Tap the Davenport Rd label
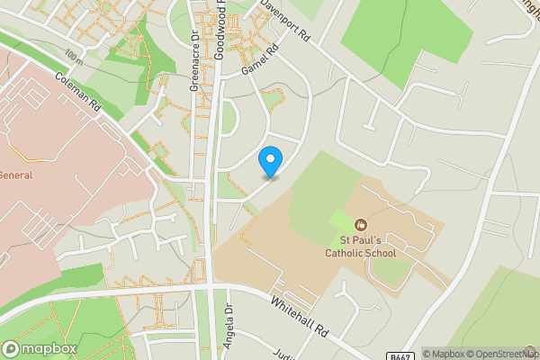click(x=285, y=22)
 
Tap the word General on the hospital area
click(x=15, y=175)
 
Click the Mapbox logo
click(x=39, y=348)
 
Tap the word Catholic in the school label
click(x=354, y=254)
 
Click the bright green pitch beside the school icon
click(x=342, y=220)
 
